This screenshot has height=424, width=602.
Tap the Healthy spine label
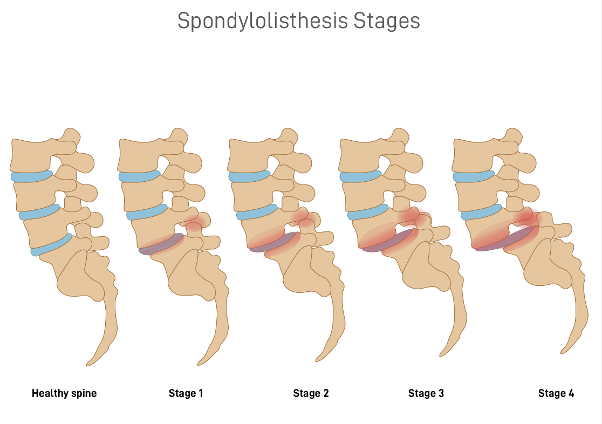tap(64, 393)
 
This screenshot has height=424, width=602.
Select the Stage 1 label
tap(186, 393)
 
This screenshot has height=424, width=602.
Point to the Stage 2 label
tap(311, 393)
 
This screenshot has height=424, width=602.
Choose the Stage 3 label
tap(426, 393)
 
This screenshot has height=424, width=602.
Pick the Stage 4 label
tap(556, 393)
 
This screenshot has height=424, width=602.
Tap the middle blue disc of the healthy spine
tap(39, 213)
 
